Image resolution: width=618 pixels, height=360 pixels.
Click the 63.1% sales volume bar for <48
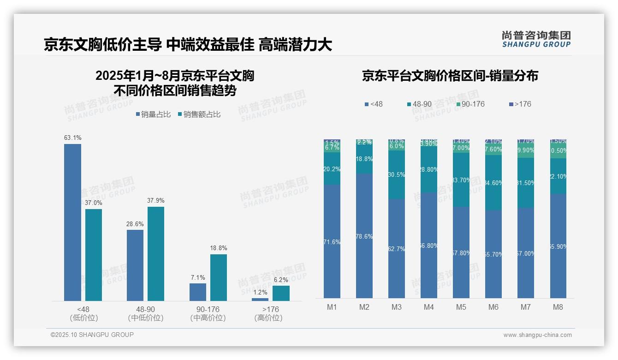(72, 222)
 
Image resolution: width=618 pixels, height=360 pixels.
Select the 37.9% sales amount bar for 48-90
(156, 253)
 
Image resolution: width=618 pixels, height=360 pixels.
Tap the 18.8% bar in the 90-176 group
(219, 277)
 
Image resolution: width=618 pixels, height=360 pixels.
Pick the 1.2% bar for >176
(260, 300)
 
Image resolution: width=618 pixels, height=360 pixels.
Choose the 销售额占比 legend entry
(199, 114)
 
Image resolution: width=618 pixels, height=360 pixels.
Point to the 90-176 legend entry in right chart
(470, 104)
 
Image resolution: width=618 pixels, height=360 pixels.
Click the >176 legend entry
(520, 104)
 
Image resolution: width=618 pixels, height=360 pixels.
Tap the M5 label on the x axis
(461, 307)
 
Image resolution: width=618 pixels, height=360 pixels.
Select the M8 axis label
(558, 307)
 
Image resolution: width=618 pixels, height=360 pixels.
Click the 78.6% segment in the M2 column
(364, 235)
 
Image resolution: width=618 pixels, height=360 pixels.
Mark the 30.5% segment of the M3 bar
(397, 174)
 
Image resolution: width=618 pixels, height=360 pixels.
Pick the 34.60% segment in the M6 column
(493, 183)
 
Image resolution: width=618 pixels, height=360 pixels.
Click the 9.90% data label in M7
(526, 150)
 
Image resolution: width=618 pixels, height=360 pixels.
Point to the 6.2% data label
(281, 280)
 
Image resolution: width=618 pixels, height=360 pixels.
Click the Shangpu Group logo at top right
(536, 39)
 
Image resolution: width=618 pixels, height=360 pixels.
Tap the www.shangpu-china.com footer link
(537, 335)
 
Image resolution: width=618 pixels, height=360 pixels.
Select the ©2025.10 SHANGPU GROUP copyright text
(92, 335)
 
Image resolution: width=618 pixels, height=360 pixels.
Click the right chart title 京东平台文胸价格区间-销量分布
(450, 76)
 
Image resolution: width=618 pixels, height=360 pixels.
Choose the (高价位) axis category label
(268, 318)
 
